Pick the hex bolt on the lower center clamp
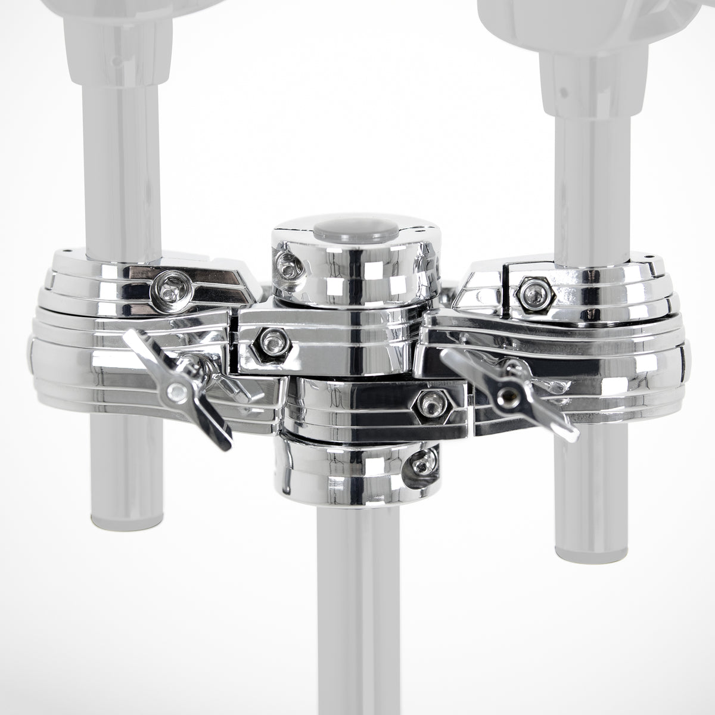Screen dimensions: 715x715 [428, 404]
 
